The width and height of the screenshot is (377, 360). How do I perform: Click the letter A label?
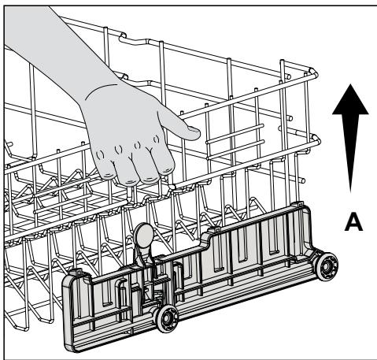click(x=353, y=222)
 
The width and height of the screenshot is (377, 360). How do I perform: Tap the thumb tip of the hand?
click(x=194, y=133)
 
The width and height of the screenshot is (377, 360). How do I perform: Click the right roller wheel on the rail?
click(x=326, y=267)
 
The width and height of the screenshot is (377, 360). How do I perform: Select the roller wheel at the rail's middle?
click(x=167, y=319)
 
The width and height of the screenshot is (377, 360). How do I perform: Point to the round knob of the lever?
click(x=143, y=235)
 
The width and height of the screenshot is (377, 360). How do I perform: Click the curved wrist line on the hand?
click(x=100, y=90)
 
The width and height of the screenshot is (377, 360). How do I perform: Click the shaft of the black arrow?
click(x=350, y=153)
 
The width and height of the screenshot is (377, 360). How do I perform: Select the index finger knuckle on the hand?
click(x=157, y=139)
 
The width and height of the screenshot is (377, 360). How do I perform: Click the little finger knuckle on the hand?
click(x=100, y=155)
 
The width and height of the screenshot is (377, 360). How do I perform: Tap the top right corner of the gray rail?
click(x=307, y=207)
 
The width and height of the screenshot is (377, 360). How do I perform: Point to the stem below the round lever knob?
click(x=143, y=258)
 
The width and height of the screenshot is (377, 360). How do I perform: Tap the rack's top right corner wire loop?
click(x=314, y=72)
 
